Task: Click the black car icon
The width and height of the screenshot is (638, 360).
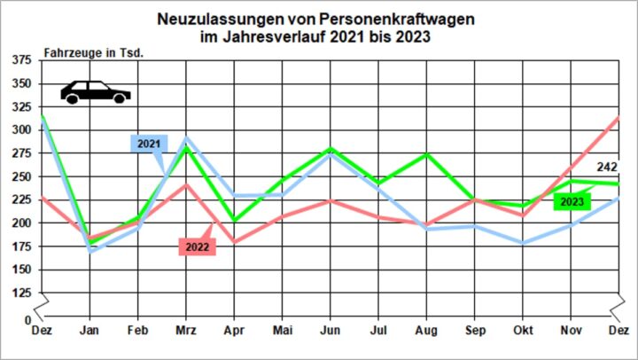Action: click(x=95, y=91)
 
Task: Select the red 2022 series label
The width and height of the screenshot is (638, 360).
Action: click(x=197, y=247)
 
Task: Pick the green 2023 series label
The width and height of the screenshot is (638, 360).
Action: click(x=572, y=202)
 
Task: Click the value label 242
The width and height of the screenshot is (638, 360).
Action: click(x=607, y=167)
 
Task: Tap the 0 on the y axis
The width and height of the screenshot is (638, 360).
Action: click(x=27, y=318)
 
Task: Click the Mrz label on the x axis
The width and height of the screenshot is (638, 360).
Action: click(x=185, y=330)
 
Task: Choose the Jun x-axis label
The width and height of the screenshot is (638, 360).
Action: click(x=330, y=330)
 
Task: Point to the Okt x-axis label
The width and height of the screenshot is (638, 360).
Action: click(x=522, y=330)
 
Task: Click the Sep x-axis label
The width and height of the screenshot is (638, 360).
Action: click(x=474, y=330)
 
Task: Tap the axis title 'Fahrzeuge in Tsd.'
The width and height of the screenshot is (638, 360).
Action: click(x=93, y=52)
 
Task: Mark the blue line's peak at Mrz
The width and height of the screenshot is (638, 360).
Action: click(x=185, y=138)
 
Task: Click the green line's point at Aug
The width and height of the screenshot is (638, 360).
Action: click(x=426, y=154)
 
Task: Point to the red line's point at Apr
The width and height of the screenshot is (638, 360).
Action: click(x=234, y=242)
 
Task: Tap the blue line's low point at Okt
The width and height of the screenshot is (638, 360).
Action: click(x=522, y=243)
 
